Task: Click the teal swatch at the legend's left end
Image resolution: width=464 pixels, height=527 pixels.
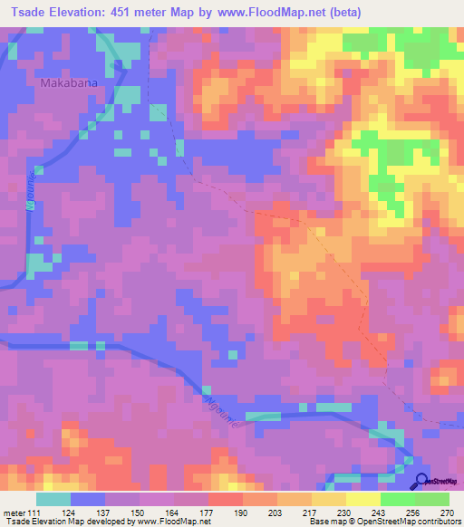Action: pos(53,499)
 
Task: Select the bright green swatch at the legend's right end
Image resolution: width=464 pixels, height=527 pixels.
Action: pos(431,499)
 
